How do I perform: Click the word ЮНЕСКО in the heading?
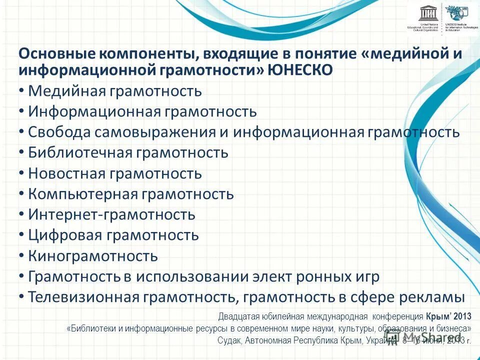click(300, 70)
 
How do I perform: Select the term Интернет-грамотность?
click(111, 215)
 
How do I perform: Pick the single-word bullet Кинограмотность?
click(93, 256)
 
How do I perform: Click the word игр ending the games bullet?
click(365, 276)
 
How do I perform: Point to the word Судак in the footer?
click(228, 340)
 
